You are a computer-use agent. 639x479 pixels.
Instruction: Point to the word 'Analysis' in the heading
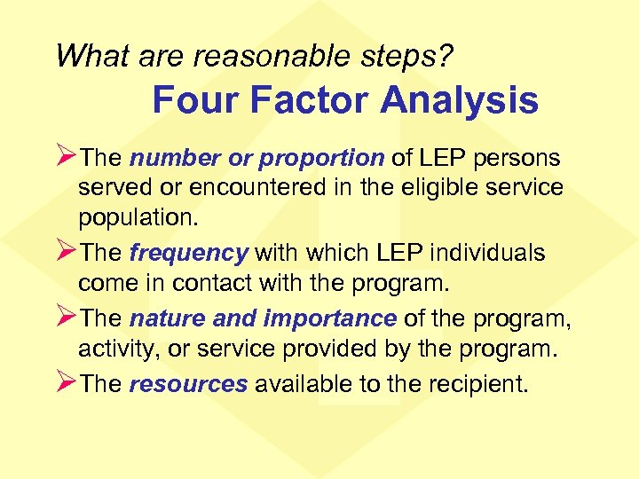[x=459, y=100]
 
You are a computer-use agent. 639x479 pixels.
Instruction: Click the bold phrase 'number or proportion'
[x=256, y=159]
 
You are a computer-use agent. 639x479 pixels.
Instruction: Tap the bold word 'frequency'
[x=188, y=254]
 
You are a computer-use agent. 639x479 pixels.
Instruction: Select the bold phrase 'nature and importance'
[x=263, y=318]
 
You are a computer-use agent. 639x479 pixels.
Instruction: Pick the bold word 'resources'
[x=187, y=383]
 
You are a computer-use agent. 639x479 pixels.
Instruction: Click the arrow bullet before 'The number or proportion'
[x=66, y=157]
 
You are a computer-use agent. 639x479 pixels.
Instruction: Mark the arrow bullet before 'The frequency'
[x=66, y=252]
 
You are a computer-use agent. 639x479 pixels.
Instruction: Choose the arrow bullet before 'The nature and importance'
[x=66, y=317]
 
